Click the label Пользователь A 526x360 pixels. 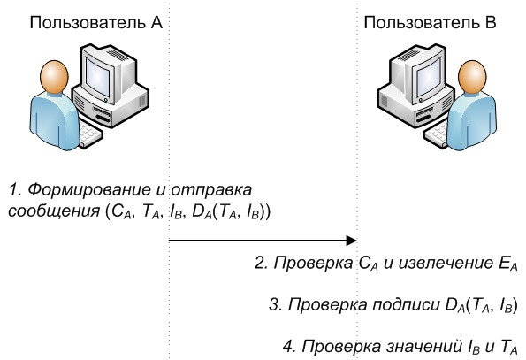[96, 23]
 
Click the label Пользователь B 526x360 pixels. [430, 23]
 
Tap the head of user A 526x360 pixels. [54, 76]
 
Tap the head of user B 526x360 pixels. [472, 76]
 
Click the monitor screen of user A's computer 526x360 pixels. [97, 77]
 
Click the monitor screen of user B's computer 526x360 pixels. [428, 77]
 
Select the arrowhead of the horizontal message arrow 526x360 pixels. [351, 241]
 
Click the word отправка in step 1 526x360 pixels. [211, 191]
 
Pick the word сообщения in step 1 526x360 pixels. [54, 211]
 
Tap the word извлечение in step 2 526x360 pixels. [446, 264]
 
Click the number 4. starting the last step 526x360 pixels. [289, 346]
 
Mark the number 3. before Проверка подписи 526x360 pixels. [275, 304]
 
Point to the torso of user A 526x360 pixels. [55, 121]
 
